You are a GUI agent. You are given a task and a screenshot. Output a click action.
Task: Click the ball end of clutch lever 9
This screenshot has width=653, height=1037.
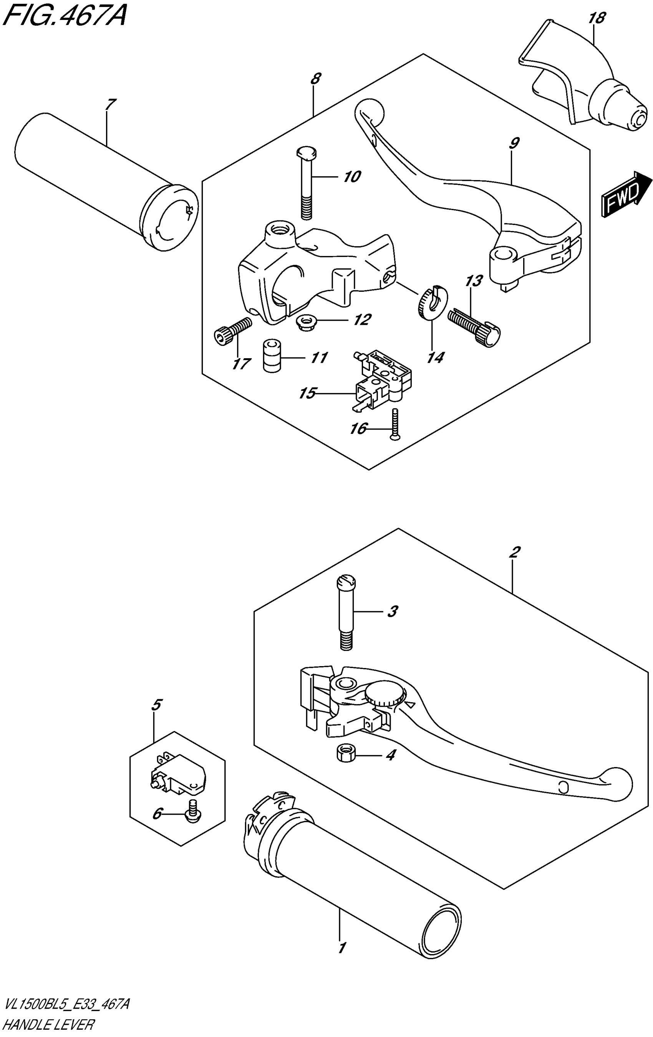tap(370, 109)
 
